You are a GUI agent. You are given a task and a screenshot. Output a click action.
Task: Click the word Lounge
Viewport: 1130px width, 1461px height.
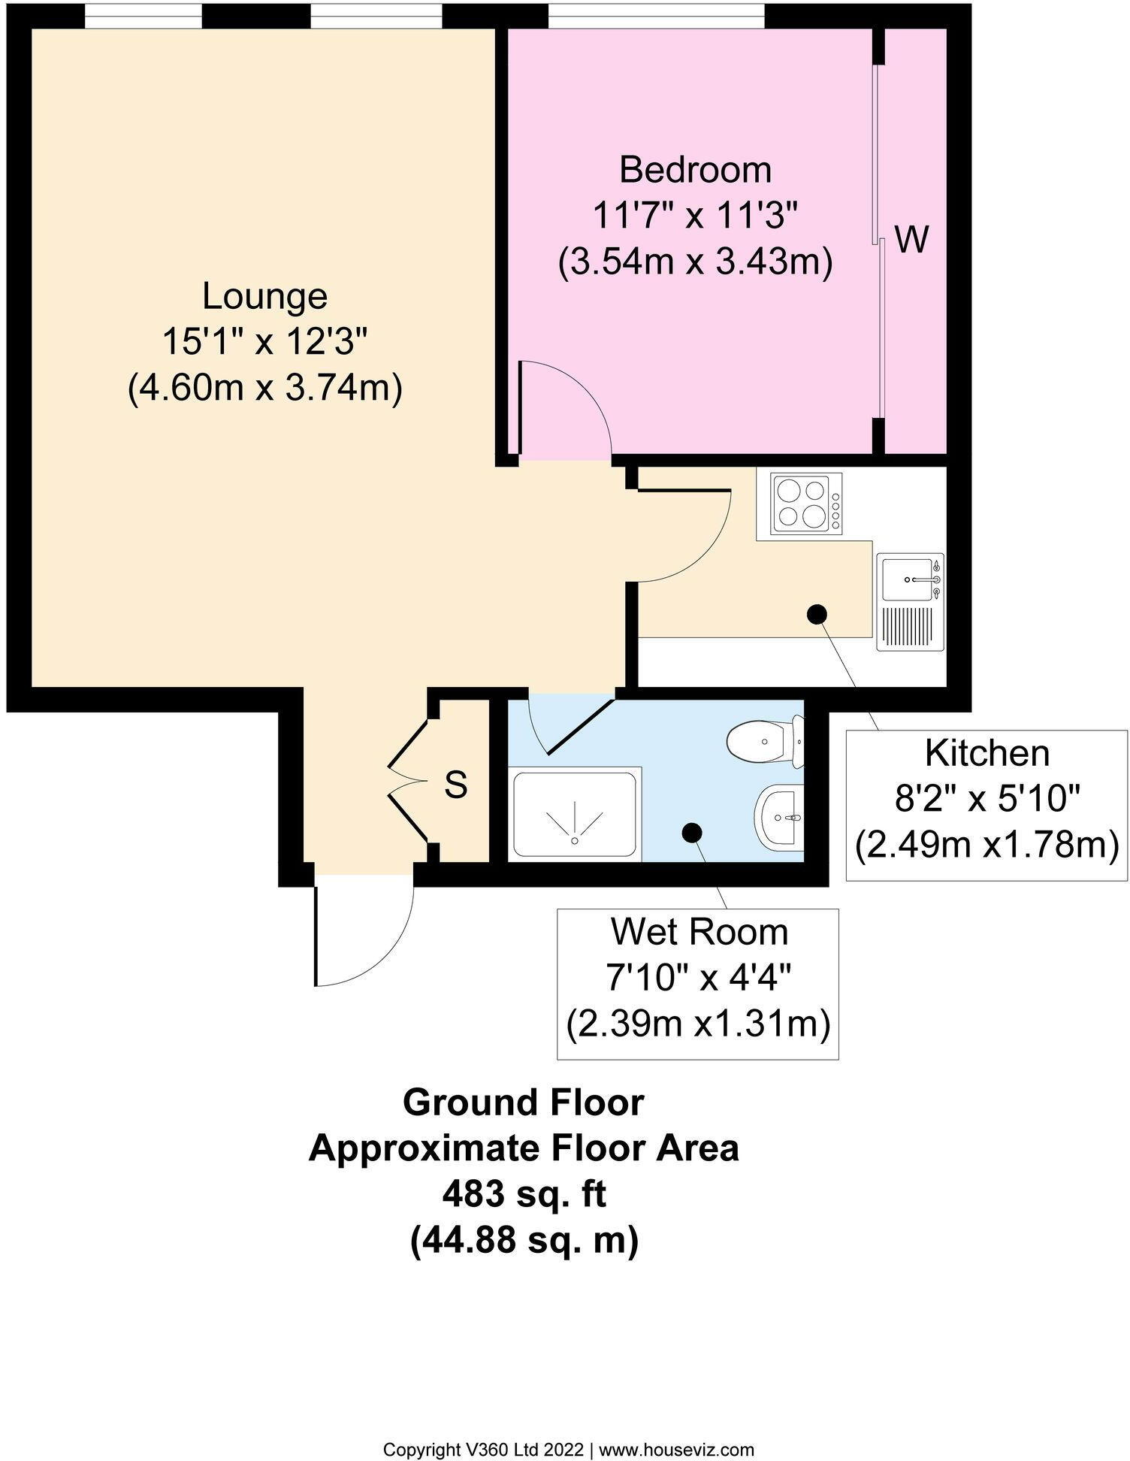click(264, 297)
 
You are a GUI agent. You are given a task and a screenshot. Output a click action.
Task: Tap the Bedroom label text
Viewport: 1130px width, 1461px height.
click(695, 170)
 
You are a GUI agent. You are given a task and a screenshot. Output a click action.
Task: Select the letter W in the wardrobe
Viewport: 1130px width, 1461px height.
click(912, 240)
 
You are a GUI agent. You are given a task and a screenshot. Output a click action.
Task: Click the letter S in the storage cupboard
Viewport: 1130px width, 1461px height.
click(455, 785)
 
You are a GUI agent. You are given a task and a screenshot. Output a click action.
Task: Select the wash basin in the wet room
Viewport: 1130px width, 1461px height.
click(778, 816)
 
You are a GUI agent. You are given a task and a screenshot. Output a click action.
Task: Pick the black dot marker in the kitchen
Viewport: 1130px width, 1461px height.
click(817, 614)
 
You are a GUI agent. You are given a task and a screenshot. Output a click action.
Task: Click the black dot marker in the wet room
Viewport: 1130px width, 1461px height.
click(691, 832)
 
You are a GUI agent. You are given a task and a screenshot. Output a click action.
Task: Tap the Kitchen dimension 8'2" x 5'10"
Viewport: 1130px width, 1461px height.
click(986, 800)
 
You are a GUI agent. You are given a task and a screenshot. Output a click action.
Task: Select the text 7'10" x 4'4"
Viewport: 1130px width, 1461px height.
click(698, 978)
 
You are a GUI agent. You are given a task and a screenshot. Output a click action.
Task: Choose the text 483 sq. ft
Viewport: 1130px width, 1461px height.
click(524, 1194)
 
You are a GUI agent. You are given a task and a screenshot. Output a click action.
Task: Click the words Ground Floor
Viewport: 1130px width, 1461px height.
click(524, 1103)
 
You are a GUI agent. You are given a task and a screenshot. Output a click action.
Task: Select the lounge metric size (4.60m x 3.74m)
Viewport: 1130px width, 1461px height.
click(264, 390)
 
